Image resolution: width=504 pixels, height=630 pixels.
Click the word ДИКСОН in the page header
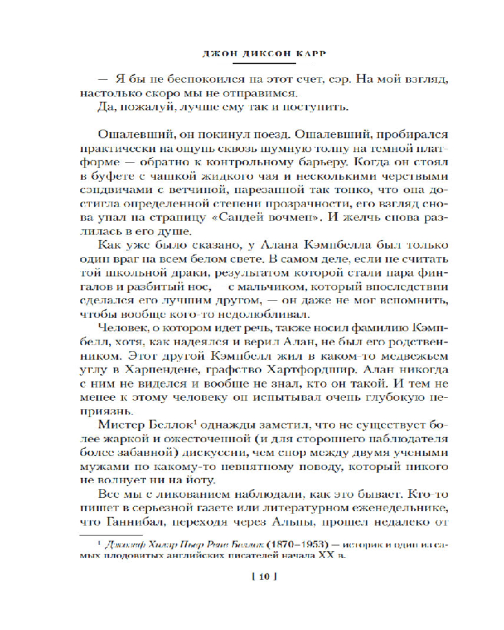click(x=265, y=54)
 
